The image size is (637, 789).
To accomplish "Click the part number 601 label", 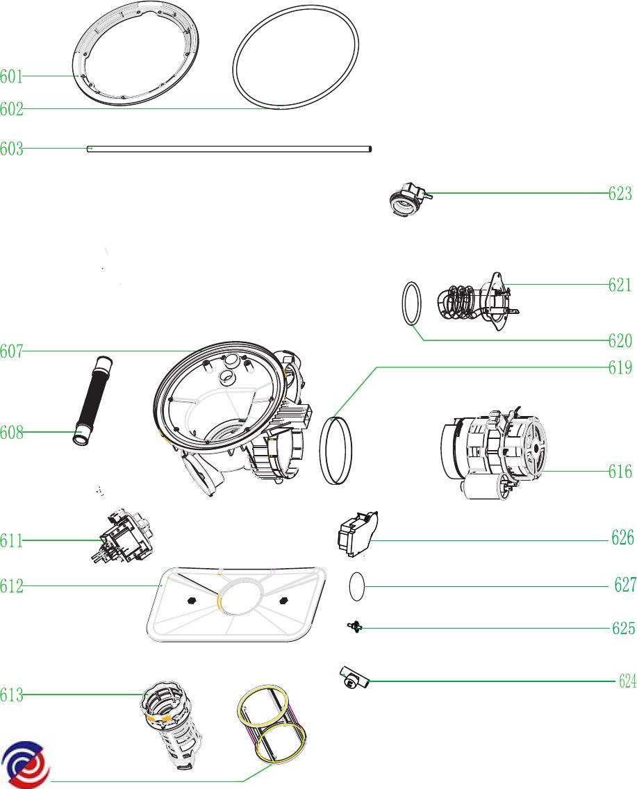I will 12,76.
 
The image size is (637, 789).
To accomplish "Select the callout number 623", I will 620,193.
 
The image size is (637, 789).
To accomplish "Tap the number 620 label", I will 620,340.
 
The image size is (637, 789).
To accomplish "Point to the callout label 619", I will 620,367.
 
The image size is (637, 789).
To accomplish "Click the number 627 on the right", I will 624,585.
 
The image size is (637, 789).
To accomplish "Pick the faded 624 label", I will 627,681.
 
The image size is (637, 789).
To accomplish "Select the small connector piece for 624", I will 353,677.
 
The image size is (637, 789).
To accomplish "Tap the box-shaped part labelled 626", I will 357,533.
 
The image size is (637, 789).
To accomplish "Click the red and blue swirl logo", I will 24,765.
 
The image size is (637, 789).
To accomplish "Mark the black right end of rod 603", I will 370,148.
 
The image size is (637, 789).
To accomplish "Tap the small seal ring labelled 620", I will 412,304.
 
